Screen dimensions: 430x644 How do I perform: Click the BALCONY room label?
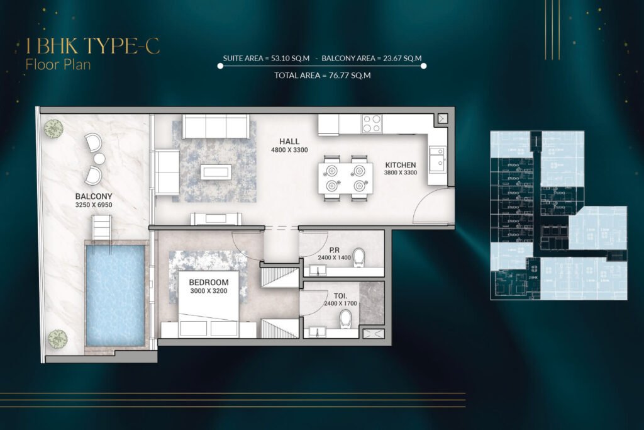coord(94,196)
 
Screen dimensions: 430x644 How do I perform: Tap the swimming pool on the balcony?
coord(115,294)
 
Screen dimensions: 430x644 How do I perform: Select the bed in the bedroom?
coord(209,304)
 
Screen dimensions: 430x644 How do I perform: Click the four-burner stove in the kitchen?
coord(371,123)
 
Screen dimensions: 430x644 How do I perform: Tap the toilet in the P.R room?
coord(359,257)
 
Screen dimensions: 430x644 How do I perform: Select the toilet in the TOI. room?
coord(345,320)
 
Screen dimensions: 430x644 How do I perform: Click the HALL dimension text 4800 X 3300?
coord(289,151)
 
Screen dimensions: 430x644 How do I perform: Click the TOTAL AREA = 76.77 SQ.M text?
coord(322,76)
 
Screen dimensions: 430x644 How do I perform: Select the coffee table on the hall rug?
coord(215,171)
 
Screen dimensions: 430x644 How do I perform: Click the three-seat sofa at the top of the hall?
coord(216,127)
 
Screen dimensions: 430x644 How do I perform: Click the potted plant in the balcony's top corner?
coord(53,128)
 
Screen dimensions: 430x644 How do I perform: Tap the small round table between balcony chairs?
coord(99,158)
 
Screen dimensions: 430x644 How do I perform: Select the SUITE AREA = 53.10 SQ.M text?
coord(265,59)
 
